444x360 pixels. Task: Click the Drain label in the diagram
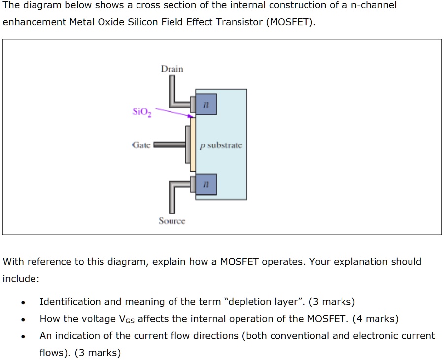tap(171, 69)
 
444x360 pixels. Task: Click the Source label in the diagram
tap(171, 221)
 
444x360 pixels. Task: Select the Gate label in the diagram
tap(141, 145)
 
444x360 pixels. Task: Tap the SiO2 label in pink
tap(142, 112)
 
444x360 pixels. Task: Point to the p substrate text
tap(221, 145)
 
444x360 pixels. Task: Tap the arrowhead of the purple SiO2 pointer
tap(190, 117)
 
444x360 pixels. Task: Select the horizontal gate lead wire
tap(170, 145)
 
